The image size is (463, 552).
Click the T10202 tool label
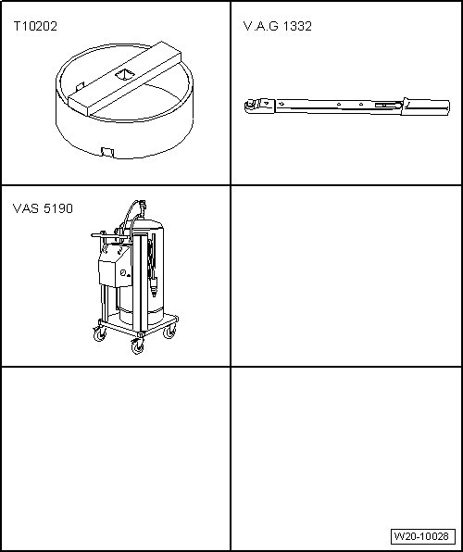pos(35,27)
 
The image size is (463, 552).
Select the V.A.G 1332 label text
pos(278,27)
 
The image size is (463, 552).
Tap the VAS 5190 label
pos(43,208)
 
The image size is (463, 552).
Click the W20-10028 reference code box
pos(423,536)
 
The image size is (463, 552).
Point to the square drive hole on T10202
pos(125,74)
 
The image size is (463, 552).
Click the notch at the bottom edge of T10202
pos(107,153)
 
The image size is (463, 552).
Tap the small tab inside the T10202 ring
pos(81,86)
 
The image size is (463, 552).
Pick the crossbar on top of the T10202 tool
pos(125,78)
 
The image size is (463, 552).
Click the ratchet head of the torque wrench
pos(259,107)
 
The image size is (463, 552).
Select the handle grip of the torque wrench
pos(426,107)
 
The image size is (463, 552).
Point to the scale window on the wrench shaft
pos(386,105)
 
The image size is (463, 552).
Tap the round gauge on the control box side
pos(123,273)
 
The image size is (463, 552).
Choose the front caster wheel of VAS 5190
pos(137,346)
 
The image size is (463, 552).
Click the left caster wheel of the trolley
pos(100,333)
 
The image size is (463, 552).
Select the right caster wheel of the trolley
pos(169,331)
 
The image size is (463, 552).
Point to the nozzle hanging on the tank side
pos(154,287)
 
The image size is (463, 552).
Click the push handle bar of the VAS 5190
pos(106,235)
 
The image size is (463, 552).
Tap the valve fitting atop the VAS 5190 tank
pos(142,205)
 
